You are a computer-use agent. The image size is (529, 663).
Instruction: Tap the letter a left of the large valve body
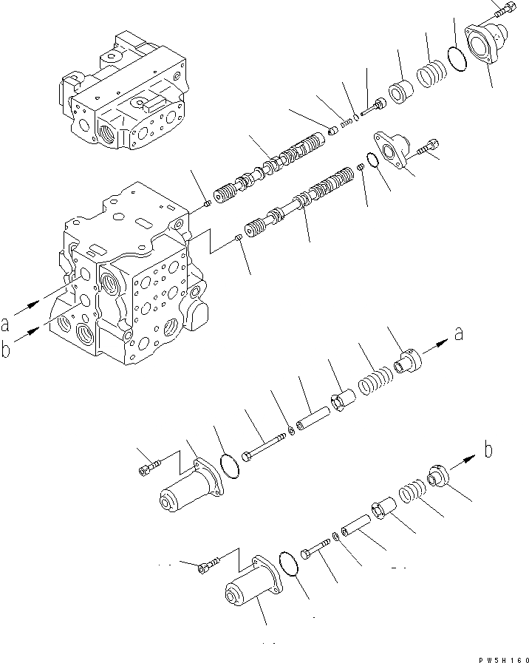point(6,323)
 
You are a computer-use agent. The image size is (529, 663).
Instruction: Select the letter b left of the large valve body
point(6,350)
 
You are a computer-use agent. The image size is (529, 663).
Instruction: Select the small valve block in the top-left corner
point(122,92)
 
